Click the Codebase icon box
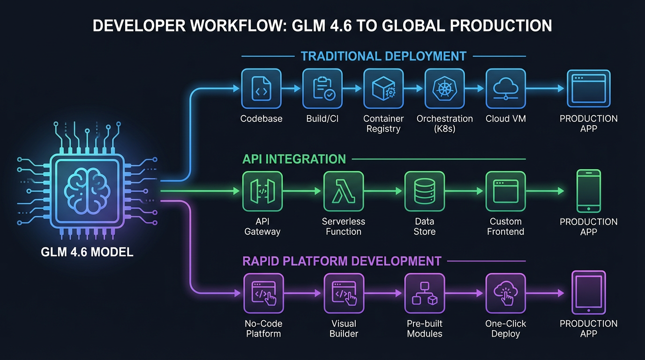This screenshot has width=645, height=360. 261,89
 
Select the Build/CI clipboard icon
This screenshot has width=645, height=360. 322,89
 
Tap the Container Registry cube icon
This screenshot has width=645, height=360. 383,89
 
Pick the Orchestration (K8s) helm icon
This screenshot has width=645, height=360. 444,89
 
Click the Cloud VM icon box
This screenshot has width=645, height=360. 505,89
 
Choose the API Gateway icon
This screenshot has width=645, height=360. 262,191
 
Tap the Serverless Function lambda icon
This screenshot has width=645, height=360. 344,191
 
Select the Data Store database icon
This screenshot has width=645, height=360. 424,191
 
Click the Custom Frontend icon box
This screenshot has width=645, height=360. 505,191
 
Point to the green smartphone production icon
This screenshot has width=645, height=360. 588,191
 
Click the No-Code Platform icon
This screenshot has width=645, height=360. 262,293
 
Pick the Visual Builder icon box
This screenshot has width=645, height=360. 344,293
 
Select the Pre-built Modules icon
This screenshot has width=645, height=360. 424,293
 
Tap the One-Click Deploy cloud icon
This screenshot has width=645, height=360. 505,293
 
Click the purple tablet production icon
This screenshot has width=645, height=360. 588,292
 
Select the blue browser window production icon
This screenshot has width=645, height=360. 588,89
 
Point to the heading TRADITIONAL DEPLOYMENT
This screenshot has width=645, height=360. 383,56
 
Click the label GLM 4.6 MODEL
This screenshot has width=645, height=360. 87,252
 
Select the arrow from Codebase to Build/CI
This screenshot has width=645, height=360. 292,89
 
